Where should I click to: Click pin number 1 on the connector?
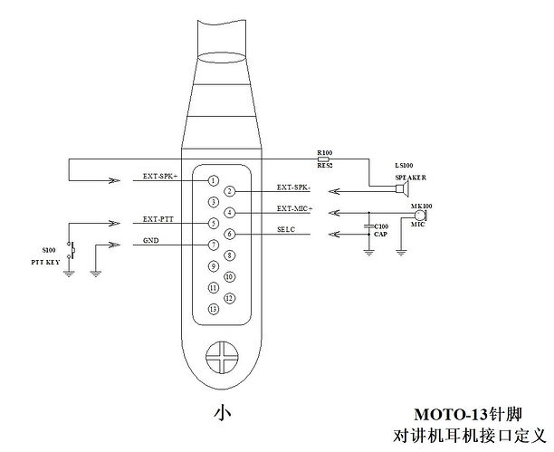click(213, 181)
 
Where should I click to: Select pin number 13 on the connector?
click(213, 309)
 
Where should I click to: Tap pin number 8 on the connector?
click(230, 255)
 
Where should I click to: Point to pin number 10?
click(230, 277)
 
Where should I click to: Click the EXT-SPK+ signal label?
click(160, 176)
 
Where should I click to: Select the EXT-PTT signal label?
click(158, 219)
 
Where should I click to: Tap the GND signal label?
click(151, 241)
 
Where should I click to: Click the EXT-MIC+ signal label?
click(295, 208)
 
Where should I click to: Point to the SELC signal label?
click(286, 229)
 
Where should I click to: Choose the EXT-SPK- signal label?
click(293, 188)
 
